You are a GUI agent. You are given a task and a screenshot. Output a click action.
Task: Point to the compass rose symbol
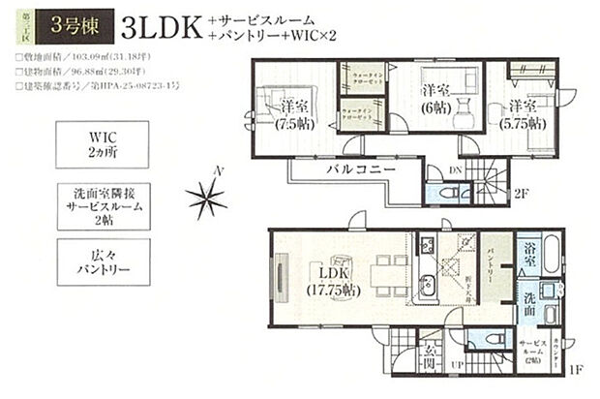(x=207, y=199)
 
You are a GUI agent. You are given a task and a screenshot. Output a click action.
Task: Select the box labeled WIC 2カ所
(x=103, y=144)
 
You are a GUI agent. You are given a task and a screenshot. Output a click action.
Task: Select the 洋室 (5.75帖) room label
(x=524, y=115)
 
